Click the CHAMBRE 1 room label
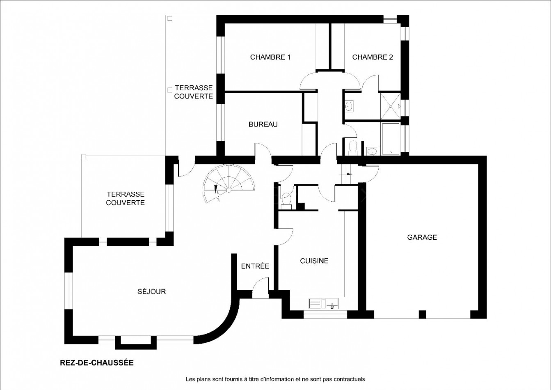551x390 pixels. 270,57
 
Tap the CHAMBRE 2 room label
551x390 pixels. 372,57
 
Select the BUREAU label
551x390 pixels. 263,124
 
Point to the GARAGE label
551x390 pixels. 422,237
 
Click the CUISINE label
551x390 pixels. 314,261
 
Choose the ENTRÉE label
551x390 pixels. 255,266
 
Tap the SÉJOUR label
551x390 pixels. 151,291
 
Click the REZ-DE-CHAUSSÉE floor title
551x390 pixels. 96,363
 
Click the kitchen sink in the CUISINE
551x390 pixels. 323,304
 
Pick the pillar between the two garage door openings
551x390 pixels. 421,315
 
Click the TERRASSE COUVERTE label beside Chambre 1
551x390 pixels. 193,92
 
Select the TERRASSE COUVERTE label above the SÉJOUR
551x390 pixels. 125,198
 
